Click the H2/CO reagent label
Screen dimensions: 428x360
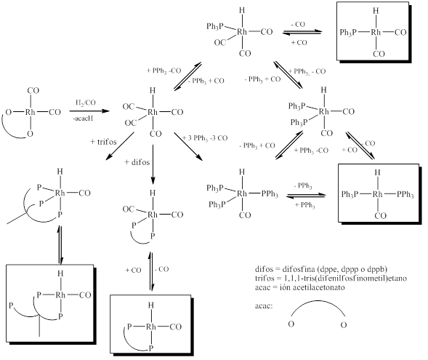[86, 103]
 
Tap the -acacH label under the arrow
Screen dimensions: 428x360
[84, 119]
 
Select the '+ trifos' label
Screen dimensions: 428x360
[103, 142]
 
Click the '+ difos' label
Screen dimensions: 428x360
[137, 162]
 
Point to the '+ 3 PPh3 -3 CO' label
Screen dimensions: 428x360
[205, 138]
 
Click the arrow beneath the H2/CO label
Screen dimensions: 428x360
[89, 111]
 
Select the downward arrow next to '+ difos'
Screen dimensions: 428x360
[153, 164]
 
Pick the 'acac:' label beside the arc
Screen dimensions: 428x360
[264, 306]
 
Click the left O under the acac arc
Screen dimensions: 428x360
[291, 324]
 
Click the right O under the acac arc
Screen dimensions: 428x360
[344, 325]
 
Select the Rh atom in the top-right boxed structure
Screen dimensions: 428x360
[376, 32]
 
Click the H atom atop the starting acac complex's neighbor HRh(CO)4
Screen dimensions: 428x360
[153, 90]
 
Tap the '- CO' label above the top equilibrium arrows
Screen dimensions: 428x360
[298, 24]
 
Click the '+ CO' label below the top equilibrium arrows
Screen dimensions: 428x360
[299, 43]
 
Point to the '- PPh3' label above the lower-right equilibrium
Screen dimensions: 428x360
[303, 186]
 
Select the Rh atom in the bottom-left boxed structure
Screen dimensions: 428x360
[60, 295]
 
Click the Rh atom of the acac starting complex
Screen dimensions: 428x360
[31, 112]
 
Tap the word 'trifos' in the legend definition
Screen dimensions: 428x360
[264, 279]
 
